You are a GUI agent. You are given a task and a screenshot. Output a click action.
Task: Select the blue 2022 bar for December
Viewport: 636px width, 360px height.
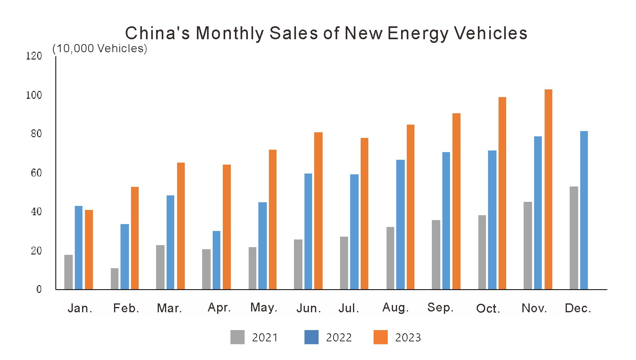pyautogui.click(x=584, y=210)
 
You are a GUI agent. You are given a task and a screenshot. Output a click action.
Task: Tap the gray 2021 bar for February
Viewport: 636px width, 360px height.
pyautogui.click(x=114, y=279)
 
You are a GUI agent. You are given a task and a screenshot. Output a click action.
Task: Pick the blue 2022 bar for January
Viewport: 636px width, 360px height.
pyautogui.click(x=78, y=248)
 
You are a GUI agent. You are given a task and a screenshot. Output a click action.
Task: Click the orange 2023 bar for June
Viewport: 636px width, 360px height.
pyautogui.click(x=318, y=211)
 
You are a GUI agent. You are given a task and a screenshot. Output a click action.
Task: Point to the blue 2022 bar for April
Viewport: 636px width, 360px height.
pyautogui.click(x=216, y=260)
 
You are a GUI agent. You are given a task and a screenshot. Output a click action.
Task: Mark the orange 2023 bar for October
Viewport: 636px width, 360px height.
pyautogui.click(x=502, y=193)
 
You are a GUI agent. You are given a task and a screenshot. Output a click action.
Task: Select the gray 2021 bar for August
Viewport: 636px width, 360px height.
pyautogui.click(x=390, y=258)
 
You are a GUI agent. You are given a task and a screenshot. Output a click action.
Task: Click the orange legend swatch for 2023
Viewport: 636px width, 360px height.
pyautogui.click(x=380, y=337)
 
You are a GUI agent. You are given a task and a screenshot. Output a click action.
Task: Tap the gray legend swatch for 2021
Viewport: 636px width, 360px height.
pyautogui.click(x=237, y=337)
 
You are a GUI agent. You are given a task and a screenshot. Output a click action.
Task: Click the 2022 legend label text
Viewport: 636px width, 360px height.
pyautogui.click(x=339, y=338)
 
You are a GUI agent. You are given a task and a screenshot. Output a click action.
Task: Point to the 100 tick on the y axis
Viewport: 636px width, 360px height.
pyautogui.click(x=34, y=95)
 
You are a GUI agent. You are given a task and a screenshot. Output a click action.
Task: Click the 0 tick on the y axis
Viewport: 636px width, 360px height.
pyautogui.click(x=39, y=289)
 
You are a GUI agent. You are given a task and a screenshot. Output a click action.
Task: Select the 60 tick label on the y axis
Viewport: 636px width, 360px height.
pyautogui.click(x=36, y=173)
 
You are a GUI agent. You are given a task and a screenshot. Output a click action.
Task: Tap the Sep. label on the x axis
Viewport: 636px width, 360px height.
pyautogui.click(x=440, y=308)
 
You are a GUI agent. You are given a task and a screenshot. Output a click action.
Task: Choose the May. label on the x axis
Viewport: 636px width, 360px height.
pyautogui.click(x=264, y=308)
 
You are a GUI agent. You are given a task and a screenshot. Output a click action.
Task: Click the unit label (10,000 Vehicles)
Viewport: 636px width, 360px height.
pyautogui.click(x=99, y=49)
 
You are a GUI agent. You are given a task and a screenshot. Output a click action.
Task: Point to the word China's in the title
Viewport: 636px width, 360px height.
pyautogui.click(x=157, y=33)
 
